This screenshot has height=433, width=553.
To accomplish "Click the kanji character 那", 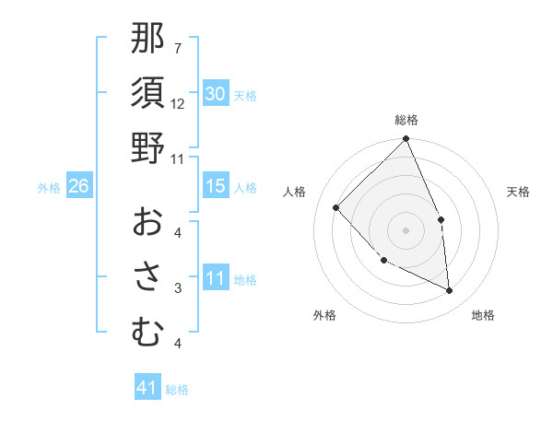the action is coord(147,38).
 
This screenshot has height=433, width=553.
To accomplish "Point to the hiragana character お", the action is coord(147,222).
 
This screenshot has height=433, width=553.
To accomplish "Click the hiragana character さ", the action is coord(147,276).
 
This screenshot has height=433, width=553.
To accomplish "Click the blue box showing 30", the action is coord(215,94).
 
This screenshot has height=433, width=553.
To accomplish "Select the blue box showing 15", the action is coord(215,186).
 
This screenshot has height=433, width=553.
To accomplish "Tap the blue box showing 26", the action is coord(78,186).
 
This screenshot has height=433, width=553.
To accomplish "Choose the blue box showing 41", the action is coord(147,388).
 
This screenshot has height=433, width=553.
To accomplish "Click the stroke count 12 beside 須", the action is coord(178,103).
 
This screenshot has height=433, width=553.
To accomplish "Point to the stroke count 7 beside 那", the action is coord(177,48).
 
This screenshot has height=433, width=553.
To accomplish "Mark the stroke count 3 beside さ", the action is coord(177,288).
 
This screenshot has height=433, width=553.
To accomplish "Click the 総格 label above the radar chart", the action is coord(406,120).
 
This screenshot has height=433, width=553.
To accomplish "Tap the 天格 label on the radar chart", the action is coord(519,192).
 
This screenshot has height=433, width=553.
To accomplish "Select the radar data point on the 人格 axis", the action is coord(336,207).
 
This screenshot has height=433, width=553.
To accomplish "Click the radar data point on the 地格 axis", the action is coord(449,290).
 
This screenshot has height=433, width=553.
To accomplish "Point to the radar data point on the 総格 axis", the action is coord(406,140).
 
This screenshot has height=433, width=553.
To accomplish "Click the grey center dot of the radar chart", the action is coord(406,229).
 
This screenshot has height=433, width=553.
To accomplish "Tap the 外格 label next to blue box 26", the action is coord(49,188).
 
